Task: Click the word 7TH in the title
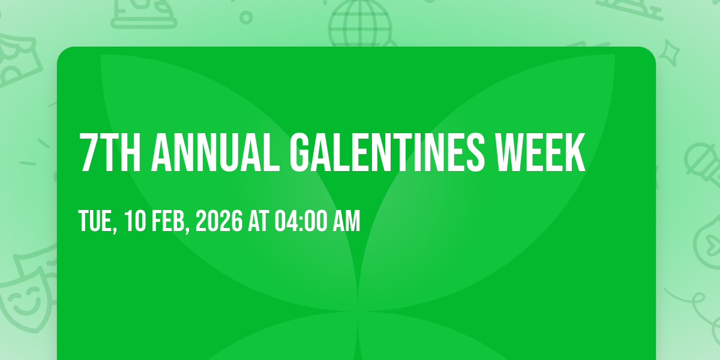point(110,152)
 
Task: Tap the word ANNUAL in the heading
point(215,152)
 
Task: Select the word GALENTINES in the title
point(387,152)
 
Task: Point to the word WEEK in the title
point(541,152)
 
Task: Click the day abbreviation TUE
point(97,221)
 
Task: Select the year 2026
point(219,221)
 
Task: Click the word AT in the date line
point(258,221)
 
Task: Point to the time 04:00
point(301,221)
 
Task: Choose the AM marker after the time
point(347,221)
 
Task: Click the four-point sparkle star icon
point(670,53)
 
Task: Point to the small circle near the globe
point(246,17)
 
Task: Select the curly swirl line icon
point(696,308)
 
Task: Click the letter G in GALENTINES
point(300,152)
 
